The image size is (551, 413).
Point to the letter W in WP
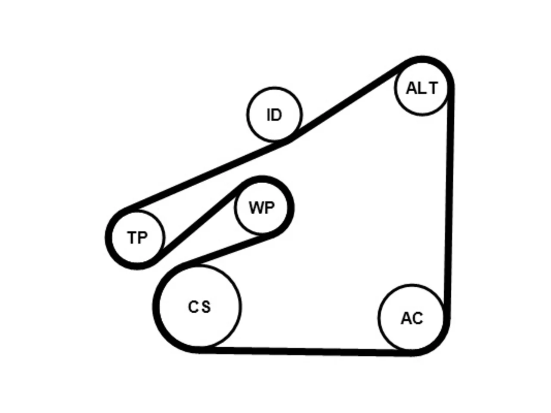[x=256, y=208]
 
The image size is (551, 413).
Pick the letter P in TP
[x=142, y=237]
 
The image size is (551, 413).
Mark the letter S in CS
[x=206, y=307]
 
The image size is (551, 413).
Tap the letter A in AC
[x=406, y=318]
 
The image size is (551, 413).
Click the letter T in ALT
[x=433, y=88]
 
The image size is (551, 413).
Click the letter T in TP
[x=133, y=237]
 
